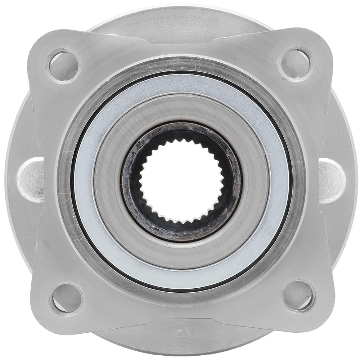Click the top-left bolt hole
point(63,66)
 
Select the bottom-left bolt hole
point(67,298)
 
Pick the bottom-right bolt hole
point(297,296)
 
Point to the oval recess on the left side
point(31,180)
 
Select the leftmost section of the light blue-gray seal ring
point(84,180)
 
